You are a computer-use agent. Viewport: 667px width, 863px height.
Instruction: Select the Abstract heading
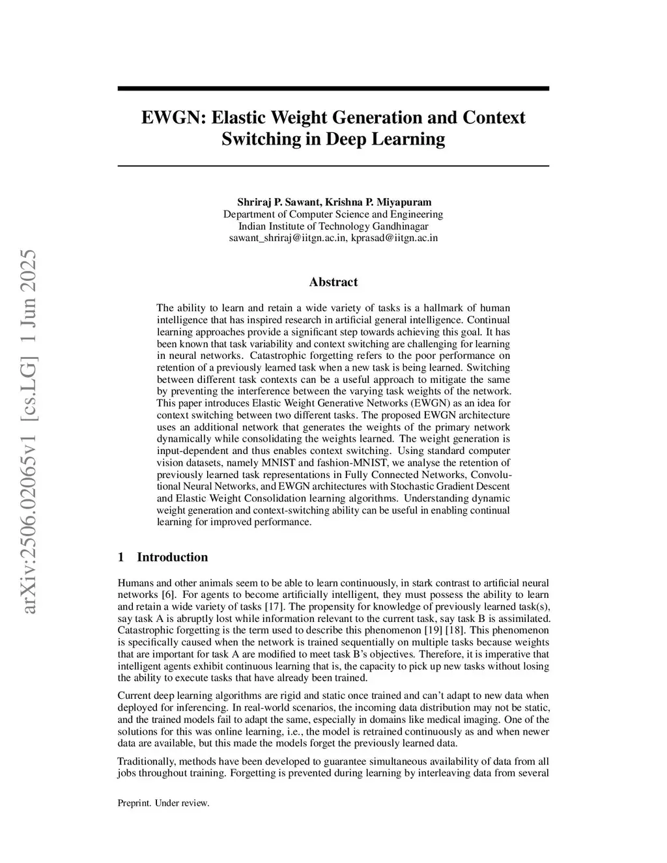click(333, 282)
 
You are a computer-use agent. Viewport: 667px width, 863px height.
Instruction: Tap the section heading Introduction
click(172, 557)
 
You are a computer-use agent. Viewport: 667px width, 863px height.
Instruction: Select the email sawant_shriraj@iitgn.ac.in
click(287, 238)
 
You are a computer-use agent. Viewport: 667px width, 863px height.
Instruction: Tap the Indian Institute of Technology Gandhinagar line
click(333, 226)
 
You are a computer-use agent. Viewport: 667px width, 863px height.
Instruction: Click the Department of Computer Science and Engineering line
click(333, 214)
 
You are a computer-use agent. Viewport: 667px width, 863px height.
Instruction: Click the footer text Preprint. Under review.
click(163, 803)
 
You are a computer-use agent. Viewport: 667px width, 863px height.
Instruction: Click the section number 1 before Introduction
click(121, 557)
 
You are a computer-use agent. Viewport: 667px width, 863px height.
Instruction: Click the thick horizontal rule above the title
click(333, 89)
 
